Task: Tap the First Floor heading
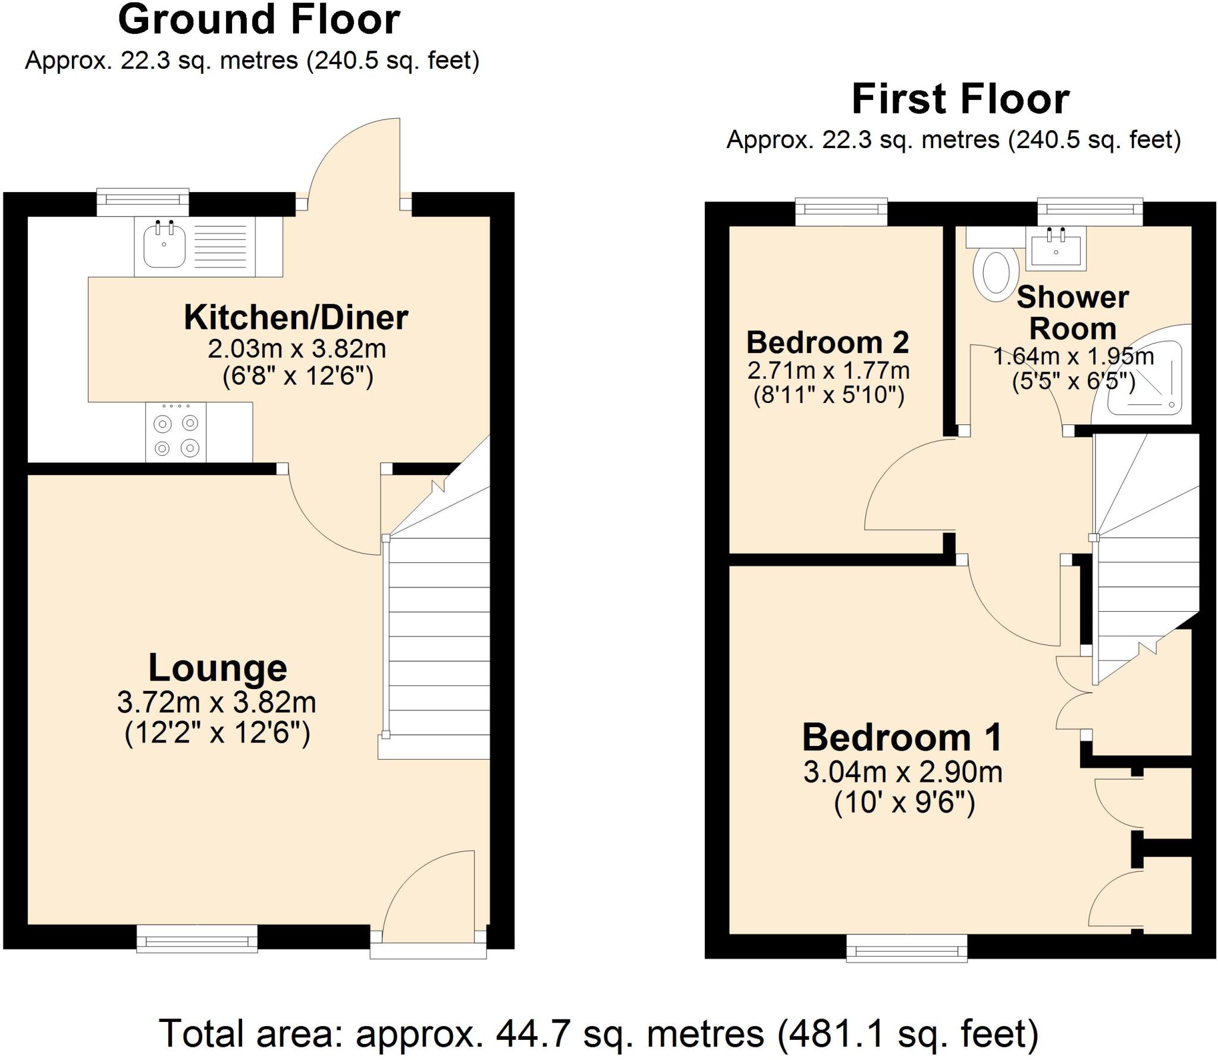960,100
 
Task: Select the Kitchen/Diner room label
296,318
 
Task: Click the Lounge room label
218,668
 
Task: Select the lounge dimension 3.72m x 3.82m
216,703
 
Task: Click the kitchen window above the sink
143,202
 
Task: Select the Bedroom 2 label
828,343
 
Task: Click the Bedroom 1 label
902,738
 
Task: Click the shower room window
1090,210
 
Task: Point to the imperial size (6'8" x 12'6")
297,376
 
